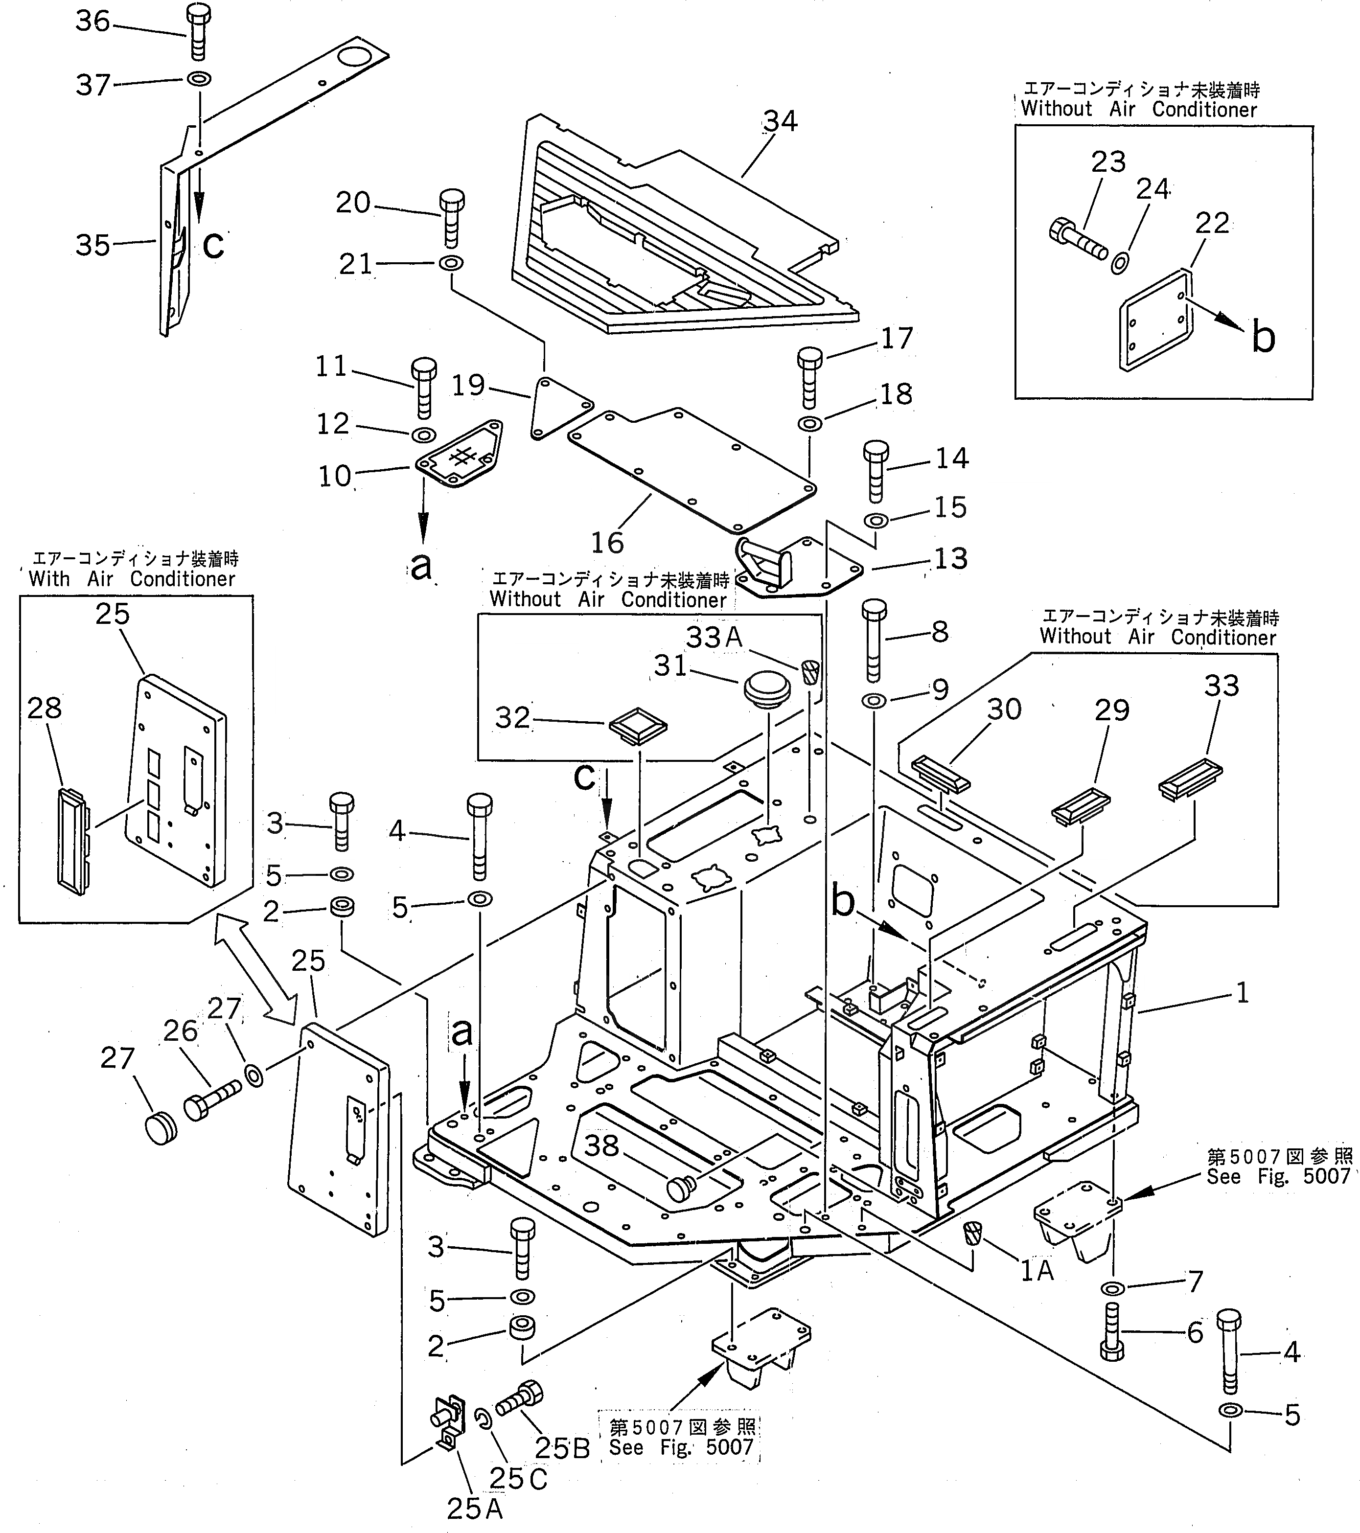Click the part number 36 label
point(93,22)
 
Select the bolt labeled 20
point(451,218)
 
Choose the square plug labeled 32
point(638,726)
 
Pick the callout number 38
point(601,1146)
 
